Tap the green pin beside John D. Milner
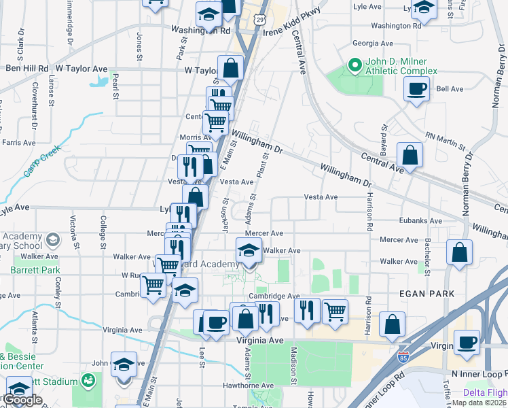[353, 66]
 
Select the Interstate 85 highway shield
[404, 355]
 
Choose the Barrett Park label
[26, 270]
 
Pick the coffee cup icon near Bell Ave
[416, 88]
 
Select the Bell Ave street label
[450, 88]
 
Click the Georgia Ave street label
[369, 43]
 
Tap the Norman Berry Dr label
[468, 183]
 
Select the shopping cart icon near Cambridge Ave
[335, 311]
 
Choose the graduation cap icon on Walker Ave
[249, 251]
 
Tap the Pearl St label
[116, 84]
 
